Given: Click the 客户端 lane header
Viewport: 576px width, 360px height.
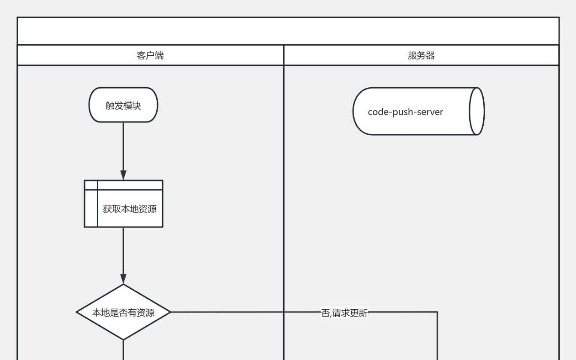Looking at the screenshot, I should pos(150,55).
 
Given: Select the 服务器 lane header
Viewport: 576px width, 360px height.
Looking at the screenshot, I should pos(421,55).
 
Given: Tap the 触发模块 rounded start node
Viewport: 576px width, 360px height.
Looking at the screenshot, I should pos(123,105).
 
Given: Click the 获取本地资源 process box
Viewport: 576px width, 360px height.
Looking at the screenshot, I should pos(130,209).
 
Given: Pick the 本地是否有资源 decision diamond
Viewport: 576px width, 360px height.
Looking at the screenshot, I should pos(123,312).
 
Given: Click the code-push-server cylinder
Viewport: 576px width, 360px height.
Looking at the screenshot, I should pos(411,111).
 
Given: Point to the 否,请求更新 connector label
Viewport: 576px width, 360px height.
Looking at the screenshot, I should pos(344,313).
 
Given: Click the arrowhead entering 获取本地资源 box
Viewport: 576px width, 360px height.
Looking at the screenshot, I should pos(123,175).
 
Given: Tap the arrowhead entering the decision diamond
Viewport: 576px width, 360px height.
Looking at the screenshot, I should pos(123,279).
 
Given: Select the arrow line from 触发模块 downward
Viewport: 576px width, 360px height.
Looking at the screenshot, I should pos(123,146).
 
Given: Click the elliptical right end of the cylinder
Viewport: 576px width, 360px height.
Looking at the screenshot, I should pos(476,111).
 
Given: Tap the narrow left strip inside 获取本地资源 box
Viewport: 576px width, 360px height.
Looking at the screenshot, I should pos(91,208).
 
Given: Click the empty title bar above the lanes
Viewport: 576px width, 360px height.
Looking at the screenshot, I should pos(288,31).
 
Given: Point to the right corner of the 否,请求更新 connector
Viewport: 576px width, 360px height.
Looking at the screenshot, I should pos(437,312).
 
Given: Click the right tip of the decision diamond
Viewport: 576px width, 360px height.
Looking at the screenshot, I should pos(169,312).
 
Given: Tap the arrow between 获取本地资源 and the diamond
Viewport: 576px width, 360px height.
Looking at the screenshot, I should pos(123,251).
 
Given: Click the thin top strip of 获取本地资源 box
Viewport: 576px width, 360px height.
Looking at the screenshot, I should pos(130,185).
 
